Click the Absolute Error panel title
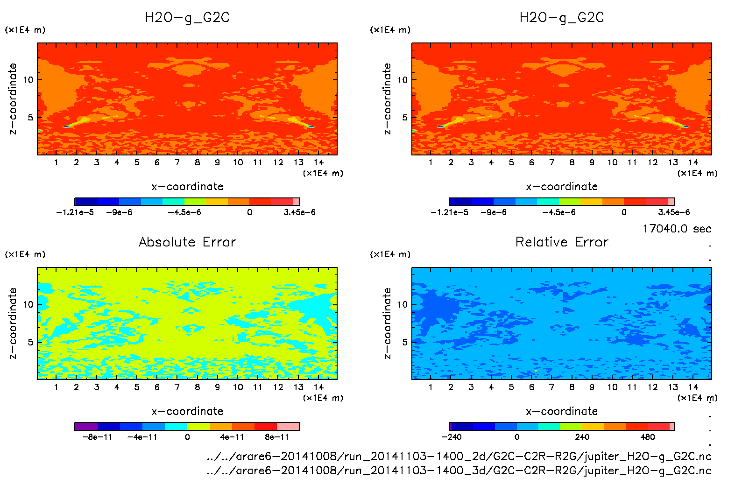[187, 242]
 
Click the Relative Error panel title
[562, 242]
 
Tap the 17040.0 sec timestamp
[677, 229]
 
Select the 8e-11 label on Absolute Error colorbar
[277, 437]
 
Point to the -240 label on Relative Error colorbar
[452, 437]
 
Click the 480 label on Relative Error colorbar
[648, 437]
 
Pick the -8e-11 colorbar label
[97, 437]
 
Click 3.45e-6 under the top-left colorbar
[299, 212]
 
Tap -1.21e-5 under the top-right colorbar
[450, 212]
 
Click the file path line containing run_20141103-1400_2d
[459, 456]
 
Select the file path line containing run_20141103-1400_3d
[459, 470]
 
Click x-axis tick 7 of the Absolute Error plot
[177, 387]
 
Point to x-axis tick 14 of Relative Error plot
[693, 387]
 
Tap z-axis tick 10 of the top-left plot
[28, 80]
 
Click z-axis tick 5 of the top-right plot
[405, 118]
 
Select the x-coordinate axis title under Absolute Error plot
[187, 411]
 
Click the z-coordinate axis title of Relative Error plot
[387, 323]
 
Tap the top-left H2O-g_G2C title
[187, 18]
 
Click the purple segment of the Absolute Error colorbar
[86, 426]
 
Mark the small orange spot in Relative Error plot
[536, 371]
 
